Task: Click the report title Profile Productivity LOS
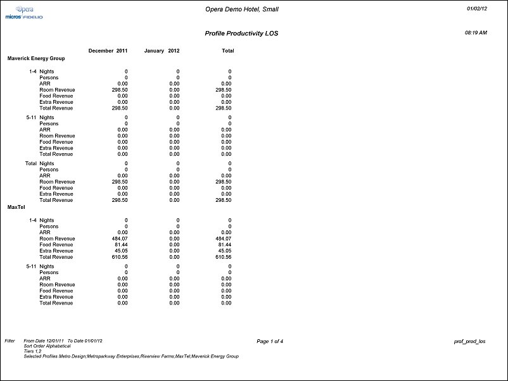click(x=241, y=33)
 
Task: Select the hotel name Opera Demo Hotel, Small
click(x=242, y=9)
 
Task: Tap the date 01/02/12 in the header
click(x=477, y=8)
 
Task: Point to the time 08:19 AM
click(x=476, y=32)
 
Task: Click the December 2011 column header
click(x=108, y=51)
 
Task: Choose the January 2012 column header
click(x=162, y=51)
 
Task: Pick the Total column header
click(x=227, y=51)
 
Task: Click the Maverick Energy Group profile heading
click(x=36, y=58)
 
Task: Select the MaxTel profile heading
click(x=16, y=207)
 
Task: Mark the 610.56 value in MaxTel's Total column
click(x=224, y=258)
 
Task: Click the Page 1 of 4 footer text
click(x=270, y=341)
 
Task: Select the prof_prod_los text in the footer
click(x=470, y=341)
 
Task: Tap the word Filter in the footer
click(x=10, y=341)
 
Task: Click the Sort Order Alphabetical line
click(x=47, y=346)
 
